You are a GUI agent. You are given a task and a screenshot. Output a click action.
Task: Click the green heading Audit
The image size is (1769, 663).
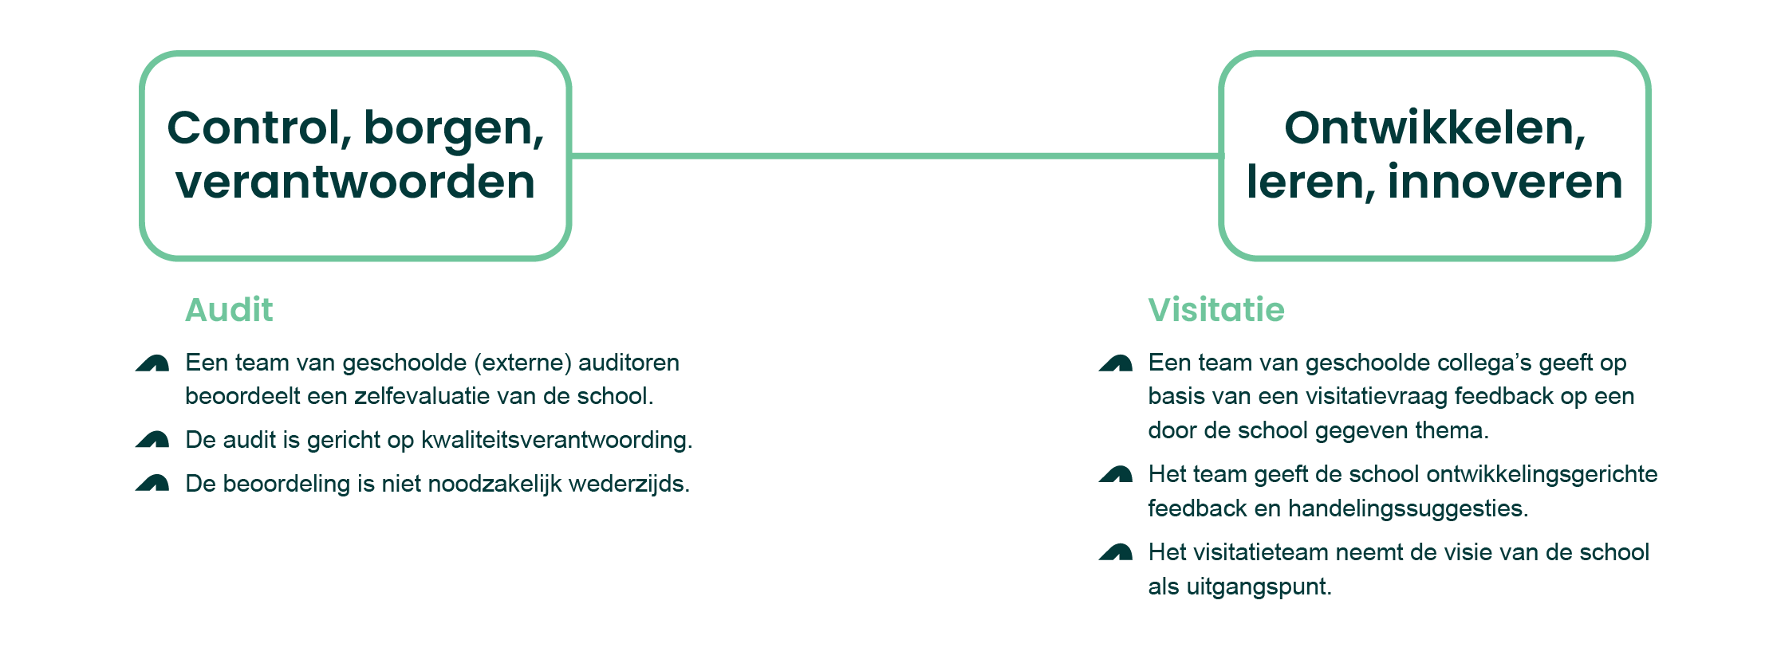(x=229, y=310)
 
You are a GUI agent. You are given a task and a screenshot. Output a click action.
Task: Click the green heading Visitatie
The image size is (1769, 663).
(x=1215, y=310)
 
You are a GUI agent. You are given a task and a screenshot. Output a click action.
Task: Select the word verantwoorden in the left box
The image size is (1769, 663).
(x=355, y=182)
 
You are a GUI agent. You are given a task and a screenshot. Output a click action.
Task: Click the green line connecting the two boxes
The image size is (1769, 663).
(x=893, y=155)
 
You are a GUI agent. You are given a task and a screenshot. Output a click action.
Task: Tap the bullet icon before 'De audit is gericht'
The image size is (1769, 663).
(x=152, y=440)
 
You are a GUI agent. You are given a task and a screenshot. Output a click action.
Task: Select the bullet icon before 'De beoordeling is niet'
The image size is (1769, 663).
(x=152, y=483)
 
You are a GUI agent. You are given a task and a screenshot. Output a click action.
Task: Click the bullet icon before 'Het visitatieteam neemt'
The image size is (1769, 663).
(x=1116, y=552)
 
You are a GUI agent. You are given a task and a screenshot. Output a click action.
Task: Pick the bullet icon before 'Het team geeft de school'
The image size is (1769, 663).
(x=1116, y=475)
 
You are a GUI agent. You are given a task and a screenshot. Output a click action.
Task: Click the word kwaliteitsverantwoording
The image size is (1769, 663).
(x=556, y=440)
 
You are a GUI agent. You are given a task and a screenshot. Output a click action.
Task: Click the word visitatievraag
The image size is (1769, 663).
(x=1367, y=396)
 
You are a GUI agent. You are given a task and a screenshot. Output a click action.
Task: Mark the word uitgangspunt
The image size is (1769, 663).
(x=1259, y=587)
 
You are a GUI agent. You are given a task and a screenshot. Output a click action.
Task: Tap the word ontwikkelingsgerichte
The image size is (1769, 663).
(x=1542, y=475)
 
